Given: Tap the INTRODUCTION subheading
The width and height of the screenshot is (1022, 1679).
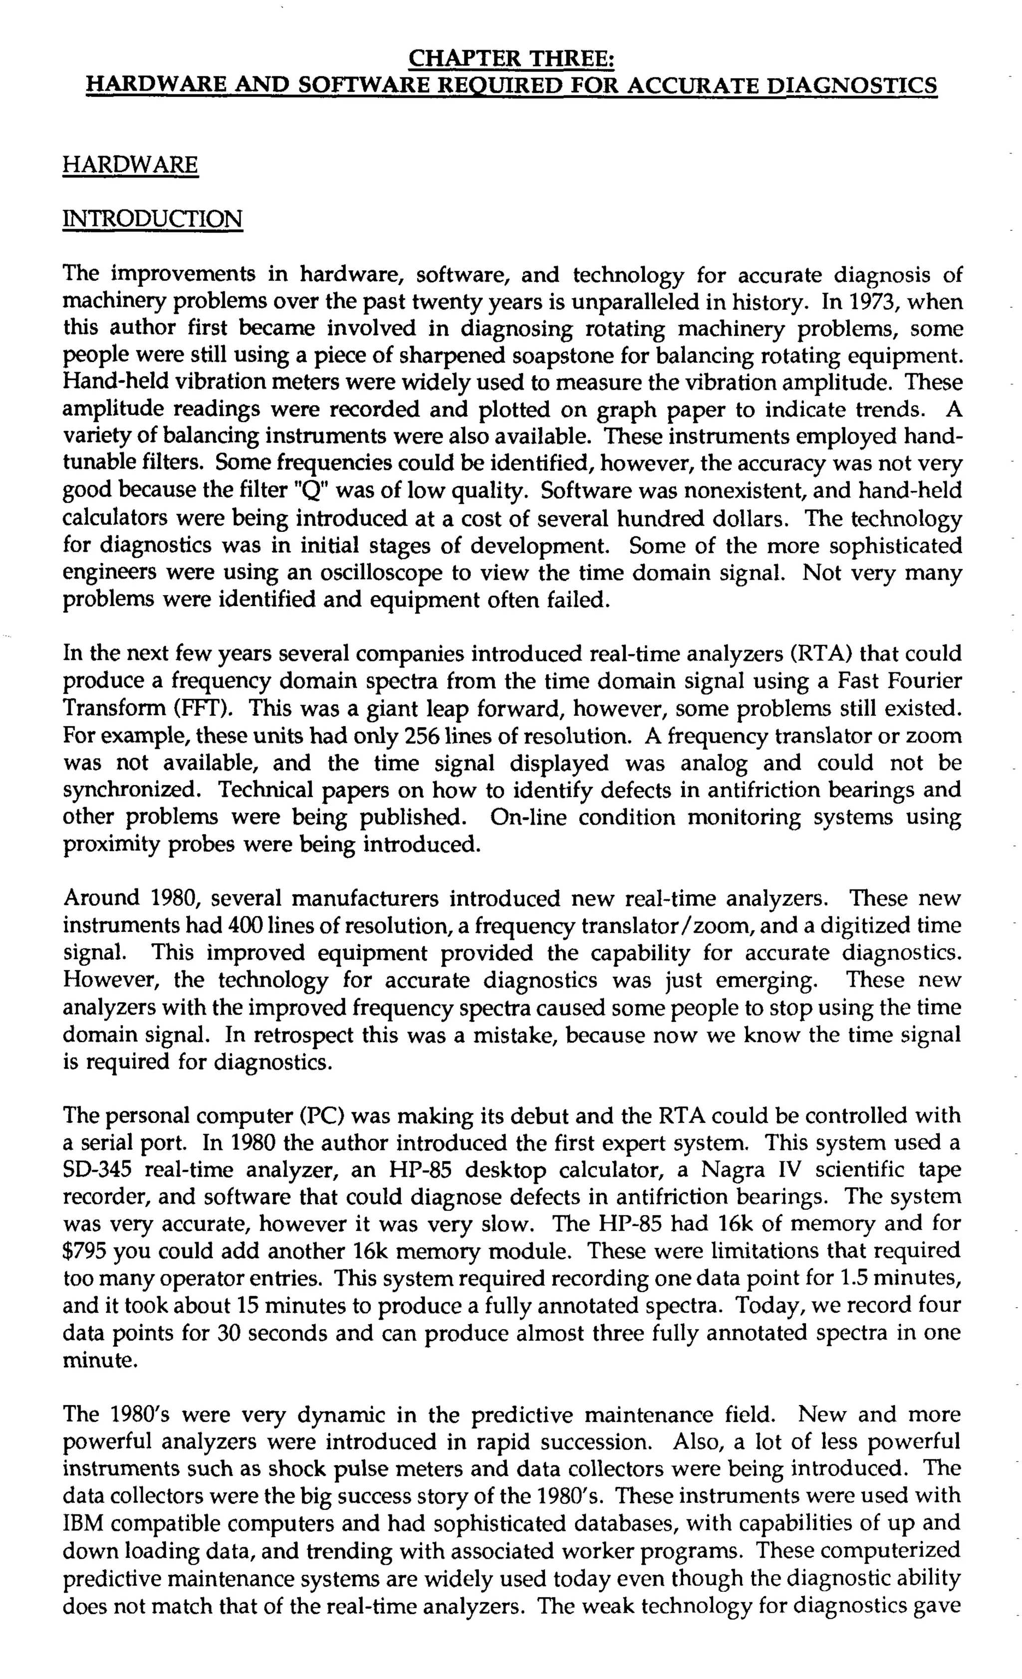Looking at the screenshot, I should (x=152, y=219).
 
